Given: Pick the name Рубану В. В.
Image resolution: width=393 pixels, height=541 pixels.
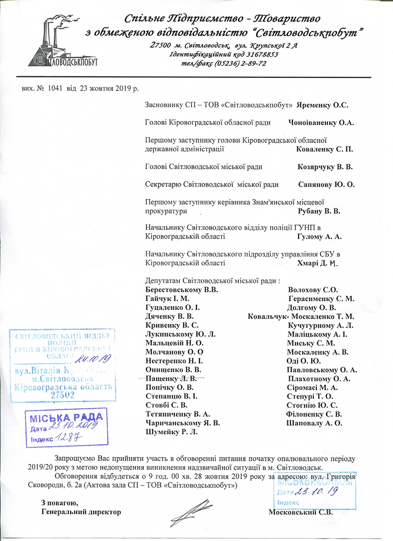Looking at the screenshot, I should click(319, 211).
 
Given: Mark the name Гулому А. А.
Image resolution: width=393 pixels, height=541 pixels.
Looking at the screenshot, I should click(319, 237).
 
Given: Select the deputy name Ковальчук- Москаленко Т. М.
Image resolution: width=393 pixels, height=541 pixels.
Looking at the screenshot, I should click(301, 316).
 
